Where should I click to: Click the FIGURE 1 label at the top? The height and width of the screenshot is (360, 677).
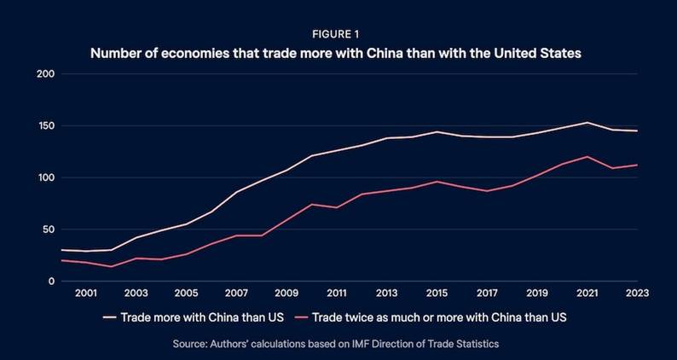coord(338,36)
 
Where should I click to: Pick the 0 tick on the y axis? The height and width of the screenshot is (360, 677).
coord(51,282)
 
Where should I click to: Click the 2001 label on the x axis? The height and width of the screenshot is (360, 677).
coord(85,293)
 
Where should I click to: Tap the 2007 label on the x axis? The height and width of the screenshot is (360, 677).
coord(236,293)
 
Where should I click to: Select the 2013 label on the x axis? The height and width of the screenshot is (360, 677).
coord(386,293)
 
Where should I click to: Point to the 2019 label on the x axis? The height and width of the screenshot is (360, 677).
coord(537,293)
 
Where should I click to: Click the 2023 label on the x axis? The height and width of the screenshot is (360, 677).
coord(638,293)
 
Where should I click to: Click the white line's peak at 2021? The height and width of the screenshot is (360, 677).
coord(587,122)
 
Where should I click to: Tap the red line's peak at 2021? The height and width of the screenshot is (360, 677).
coord(587,157)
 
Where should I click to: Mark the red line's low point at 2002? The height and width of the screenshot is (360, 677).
coord(111,267)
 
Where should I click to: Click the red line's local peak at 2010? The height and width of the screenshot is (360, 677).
coord(311,204)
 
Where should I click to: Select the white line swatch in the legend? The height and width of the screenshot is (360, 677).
coord(108,317)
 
